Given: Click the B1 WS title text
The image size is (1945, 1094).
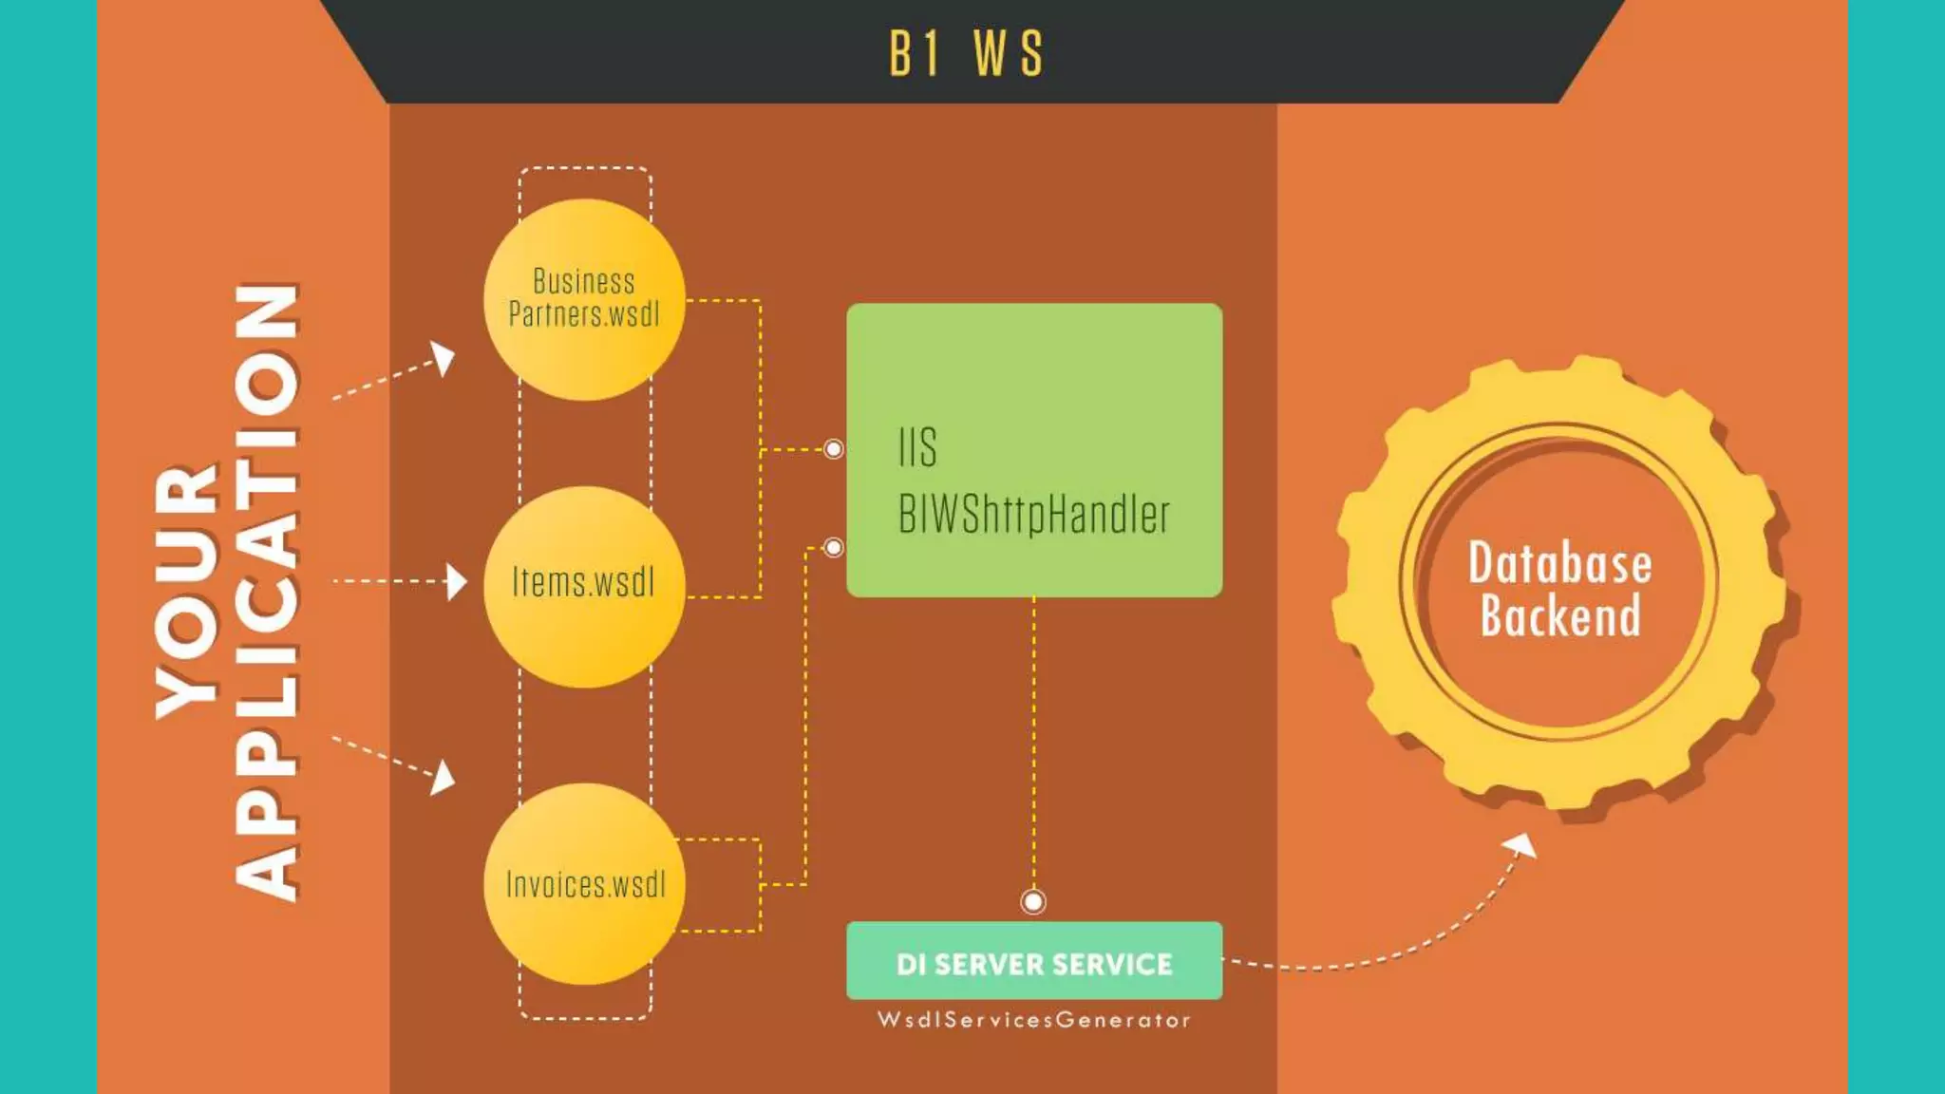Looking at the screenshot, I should point(966,53).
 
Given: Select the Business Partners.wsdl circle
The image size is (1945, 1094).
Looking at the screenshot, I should point(584,298).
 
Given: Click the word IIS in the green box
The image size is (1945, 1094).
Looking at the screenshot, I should point(917,447).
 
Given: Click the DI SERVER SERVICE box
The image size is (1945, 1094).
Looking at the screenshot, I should point(1034,961).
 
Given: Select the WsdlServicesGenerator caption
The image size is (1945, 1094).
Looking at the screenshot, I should point(1034,1020).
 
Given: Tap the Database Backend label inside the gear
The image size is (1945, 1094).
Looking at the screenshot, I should point(1559,589).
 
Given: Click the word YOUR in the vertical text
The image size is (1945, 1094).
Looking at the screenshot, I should point(187,591).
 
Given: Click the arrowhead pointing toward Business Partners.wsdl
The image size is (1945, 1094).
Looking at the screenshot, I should point(444,358).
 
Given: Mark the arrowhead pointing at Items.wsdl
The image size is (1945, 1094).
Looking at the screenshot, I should point(458,581).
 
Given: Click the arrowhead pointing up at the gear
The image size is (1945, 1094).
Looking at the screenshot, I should point(1522,844).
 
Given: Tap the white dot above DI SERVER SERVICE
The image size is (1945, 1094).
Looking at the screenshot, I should point(1033,901).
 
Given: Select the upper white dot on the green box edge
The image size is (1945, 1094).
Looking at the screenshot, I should point(833,449).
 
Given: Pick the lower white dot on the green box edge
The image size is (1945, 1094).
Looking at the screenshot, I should point(833,548).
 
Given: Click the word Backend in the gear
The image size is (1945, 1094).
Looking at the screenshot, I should point(1560,616).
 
